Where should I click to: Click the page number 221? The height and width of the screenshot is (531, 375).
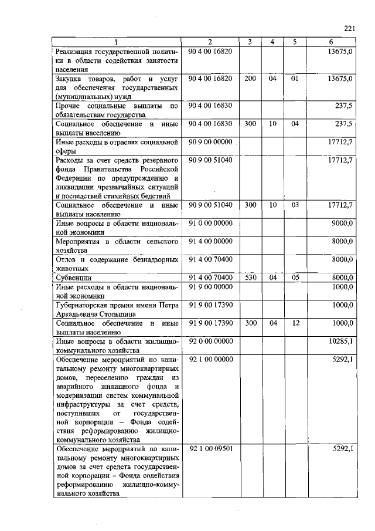point(350,28)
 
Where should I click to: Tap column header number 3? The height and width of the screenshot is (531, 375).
point(250,42)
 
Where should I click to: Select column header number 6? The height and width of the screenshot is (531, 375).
point(331,42)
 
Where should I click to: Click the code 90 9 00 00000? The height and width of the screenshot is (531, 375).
point(212,141)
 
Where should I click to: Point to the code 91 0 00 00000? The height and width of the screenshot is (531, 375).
point(212,223)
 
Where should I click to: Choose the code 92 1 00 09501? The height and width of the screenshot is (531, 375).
point(212,448)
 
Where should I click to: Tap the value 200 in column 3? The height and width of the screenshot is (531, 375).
point(250,78)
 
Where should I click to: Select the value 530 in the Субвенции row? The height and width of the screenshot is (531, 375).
point(250,277)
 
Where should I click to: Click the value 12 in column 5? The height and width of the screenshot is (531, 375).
point(295,323)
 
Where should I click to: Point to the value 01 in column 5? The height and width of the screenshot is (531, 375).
point(295,78)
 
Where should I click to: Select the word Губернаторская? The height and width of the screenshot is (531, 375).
point(85,305)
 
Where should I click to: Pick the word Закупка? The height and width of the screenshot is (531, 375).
point(71,79)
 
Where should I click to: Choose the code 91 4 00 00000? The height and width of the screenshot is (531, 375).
point(212,241)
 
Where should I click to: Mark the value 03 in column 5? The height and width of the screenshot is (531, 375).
point(295,205)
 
